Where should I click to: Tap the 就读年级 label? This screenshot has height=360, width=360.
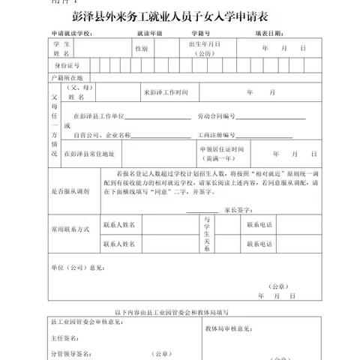(150, 34)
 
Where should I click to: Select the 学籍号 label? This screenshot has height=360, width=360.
(200, 34)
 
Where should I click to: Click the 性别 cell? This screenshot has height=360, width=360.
(141, 48)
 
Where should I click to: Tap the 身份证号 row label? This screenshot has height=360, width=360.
(65, 65)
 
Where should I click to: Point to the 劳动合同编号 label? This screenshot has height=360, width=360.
(216, 117)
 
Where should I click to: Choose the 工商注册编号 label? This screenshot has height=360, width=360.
(216, 135)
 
